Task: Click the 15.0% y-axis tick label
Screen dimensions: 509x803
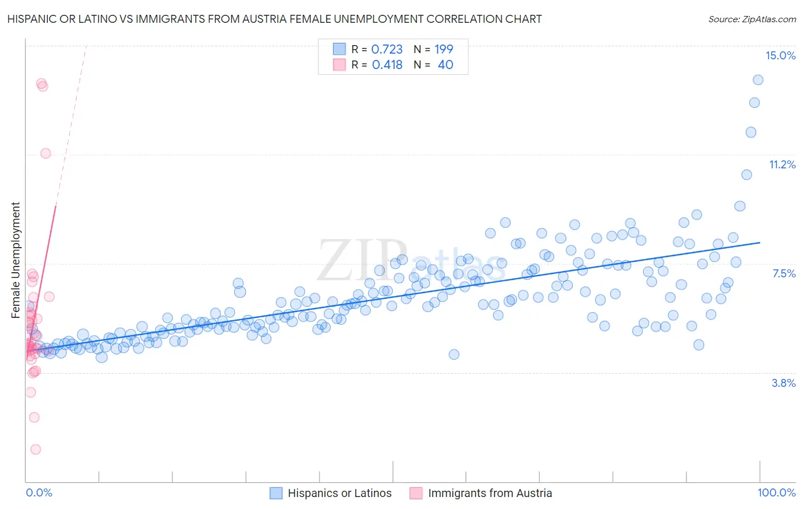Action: pos(780,55)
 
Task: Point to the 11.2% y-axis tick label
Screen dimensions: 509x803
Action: pos(782,164)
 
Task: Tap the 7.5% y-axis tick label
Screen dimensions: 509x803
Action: pos(784,273)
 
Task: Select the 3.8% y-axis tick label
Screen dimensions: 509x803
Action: pos(784,383)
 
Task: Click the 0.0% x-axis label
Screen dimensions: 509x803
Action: pos(39,493)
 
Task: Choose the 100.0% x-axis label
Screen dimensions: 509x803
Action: pos(776,493)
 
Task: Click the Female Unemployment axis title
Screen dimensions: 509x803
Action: pos(16,260)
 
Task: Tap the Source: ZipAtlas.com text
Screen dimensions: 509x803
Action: pos(752,19)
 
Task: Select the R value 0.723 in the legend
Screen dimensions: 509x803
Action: pos(387,50)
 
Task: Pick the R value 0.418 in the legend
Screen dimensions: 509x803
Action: pos(387,65)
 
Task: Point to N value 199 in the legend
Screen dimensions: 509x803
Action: pos(444,50)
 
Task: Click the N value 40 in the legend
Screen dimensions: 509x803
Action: pos(445,65)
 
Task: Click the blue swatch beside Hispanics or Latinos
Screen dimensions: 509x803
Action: pos(276,493)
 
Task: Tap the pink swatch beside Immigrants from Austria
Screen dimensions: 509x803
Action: pos(416,493)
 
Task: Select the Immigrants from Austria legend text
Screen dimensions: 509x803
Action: pos(489,493)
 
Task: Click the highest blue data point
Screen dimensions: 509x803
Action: pos(758,80)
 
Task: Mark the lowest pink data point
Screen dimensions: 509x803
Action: pos(35,450)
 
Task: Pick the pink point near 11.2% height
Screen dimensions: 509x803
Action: pos(46,153)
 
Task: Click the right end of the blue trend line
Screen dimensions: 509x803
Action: pos(760,243)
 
